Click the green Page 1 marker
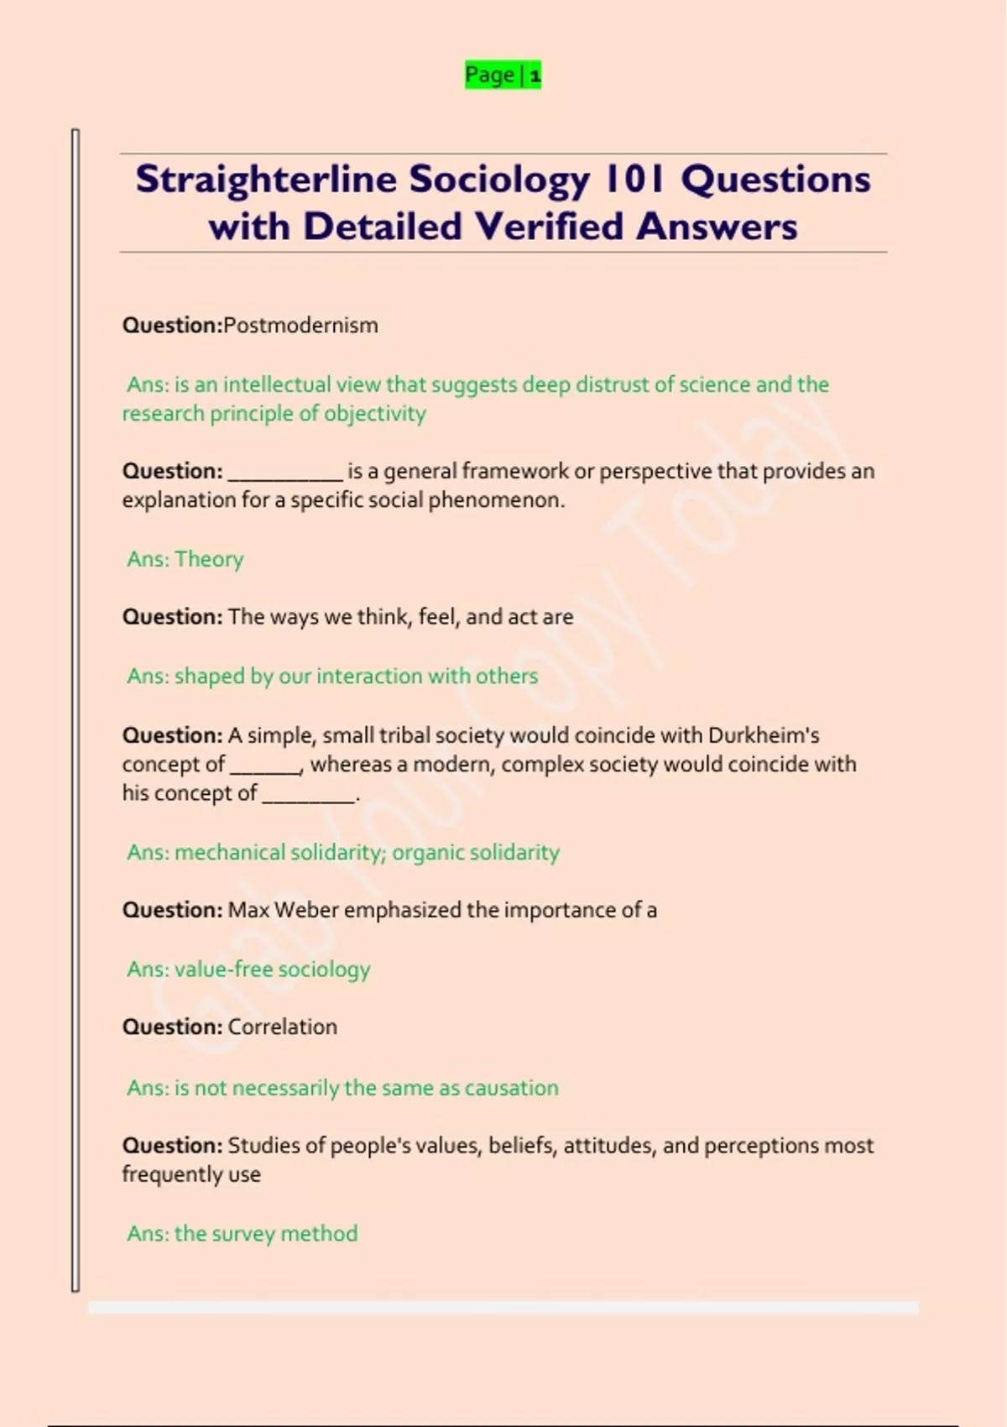coord(503,76)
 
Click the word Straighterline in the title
coord(267,180)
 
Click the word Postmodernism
coord(300,326)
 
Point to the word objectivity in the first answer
coord(375,414)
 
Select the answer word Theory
coord(209,559)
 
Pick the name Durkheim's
coord(764,735)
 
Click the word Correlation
coord(282,1027)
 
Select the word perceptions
coord(759,1146)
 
